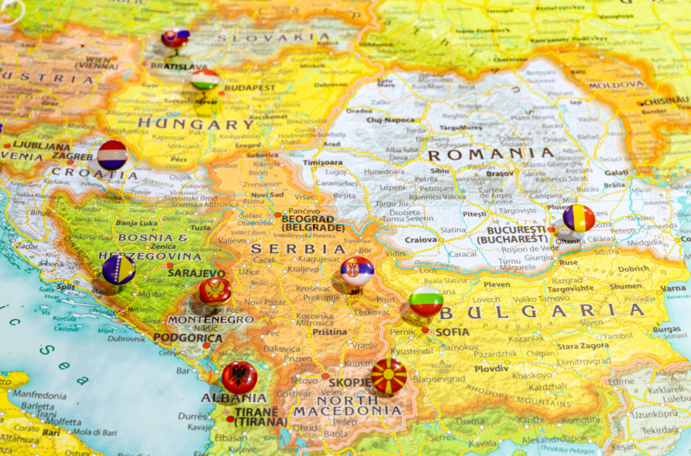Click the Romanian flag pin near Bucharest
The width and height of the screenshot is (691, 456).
(578, 218)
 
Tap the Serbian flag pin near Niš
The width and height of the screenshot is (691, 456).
(357, 271)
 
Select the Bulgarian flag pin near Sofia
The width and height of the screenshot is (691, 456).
(426, 301)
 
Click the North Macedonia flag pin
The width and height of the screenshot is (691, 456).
(388, 376)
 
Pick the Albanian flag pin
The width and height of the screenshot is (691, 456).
(240, 377)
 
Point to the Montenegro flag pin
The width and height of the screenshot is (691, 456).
(215, 291)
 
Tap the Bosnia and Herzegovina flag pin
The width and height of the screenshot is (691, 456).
(119, 269)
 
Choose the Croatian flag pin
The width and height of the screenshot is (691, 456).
(112, 155)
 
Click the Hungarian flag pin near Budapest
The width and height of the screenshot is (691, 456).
(205, 79)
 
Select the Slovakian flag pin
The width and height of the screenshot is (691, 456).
(176, 37)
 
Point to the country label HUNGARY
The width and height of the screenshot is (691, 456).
(196, 124)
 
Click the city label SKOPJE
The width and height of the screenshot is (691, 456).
(350, 382)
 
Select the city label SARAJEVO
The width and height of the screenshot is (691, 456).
(196, 273)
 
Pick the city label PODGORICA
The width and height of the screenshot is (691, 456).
(188, 338)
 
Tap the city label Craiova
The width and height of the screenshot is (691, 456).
(421, 240)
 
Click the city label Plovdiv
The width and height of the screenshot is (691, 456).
(491, 368)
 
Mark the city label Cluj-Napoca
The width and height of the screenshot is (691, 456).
(390, 120)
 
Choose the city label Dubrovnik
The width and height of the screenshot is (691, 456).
(126, 339)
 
